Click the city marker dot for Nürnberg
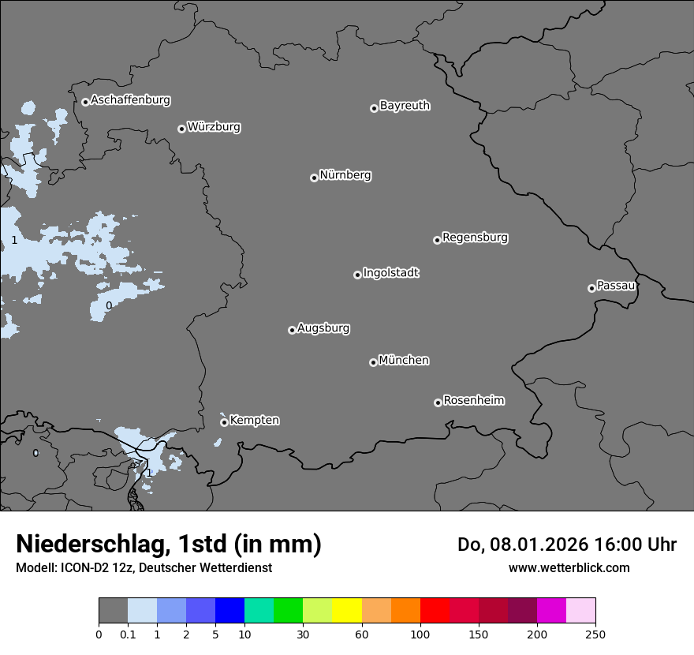click(x=314, y=178)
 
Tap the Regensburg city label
click(x=475, y=238)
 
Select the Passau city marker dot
click(x=591, y=288)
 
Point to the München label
click(x=404, y=361)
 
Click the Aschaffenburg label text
click(x=130, y=100)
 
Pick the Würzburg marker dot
click(x=181, y=129)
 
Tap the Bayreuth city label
click(x=405, y=106)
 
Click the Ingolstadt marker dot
click(x=357, y=275)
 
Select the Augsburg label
click(x=323, y=328)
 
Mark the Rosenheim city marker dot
click(x=438, y=403)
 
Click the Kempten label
click(x=254, y=421)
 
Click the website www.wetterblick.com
click(x=569, y=567)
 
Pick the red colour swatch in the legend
click(x=435, y=611)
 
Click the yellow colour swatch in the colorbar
click(x=347, y=611)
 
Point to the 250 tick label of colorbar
click(x=595, y=634)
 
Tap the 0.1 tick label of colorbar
click(x=128, y=634)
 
